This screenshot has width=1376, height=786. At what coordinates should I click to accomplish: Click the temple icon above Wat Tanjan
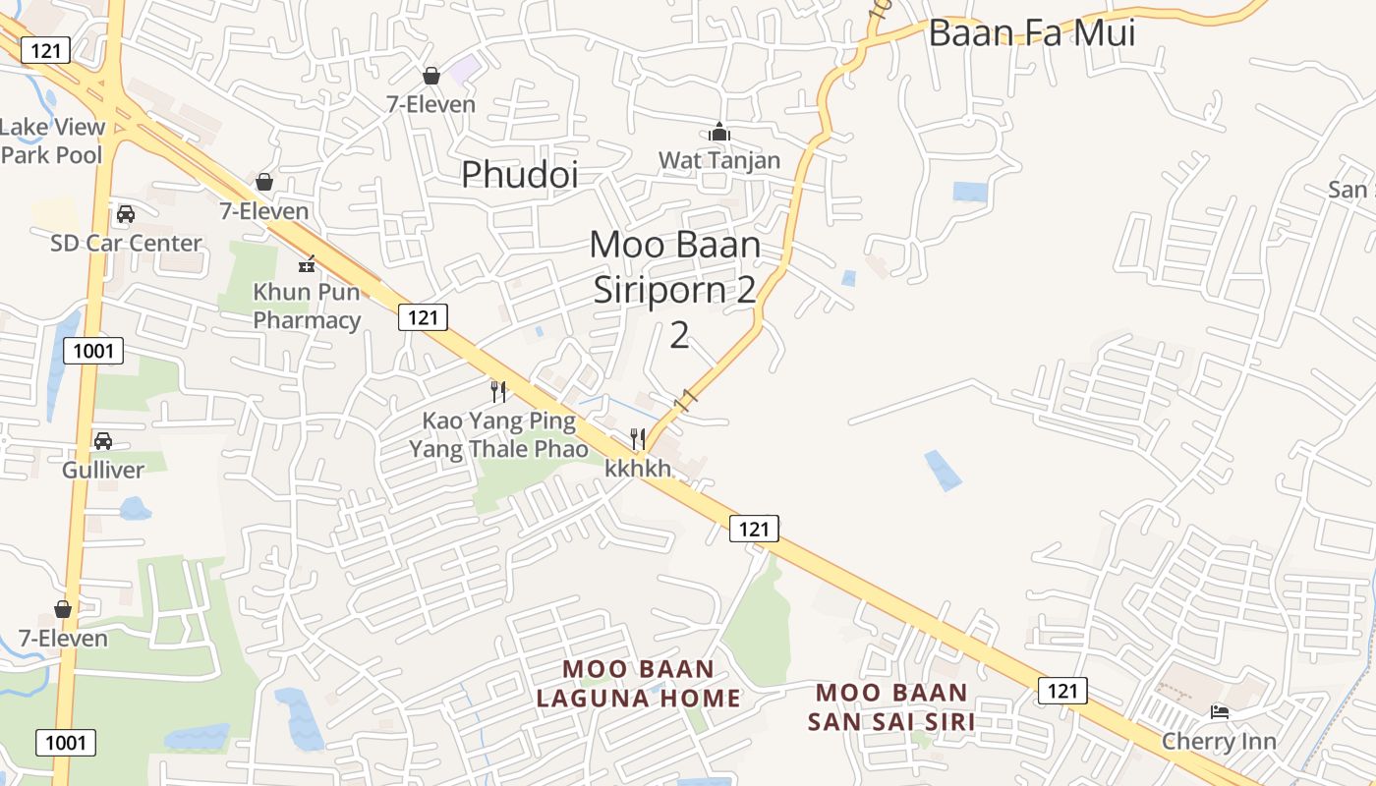(718, 132)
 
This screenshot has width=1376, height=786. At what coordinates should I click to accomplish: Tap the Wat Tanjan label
(719, 160)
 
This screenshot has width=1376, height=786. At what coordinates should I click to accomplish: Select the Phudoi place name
(520, 174)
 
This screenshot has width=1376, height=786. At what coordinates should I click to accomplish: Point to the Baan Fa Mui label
(1032, 33)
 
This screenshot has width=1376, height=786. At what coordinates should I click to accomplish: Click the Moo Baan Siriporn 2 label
(675, 289)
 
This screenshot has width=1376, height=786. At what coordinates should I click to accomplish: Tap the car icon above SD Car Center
(126, 214)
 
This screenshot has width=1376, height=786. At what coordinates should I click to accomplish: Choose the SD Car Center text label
(126, 243)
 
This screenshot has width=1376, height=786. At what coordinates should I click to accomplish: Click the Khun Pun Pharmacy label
(308, 306)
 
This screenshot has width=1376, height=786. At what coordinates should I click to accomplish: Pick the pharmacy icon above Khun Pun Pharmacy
(307, 263)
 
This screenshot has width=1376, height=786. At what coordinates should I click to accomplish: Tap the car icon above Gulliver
(103, 441)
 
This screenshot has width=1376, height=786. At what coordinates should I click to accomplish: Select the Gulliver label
(103, 470)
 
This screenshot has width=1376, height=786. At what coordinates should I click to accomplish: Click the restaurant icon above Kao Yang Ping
(498, 392)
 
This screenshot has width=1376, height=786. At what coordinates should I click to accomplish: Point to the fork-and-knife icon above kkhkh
(638, 438)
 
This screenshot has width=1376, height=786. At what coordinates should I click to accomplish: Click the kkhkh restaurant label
(638, 469)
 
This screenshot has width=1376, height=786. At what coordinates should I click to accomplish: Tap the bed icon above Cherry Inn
(1220, 712)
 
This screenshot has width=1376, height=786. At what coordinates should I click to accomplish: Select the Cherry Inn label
(1219, 741)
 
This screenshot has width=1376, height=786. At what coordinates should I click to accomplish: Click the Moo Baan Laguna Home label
(638, 684)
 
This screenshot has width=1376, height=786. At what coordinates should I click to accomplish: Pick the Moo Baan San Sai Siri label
(891, 707)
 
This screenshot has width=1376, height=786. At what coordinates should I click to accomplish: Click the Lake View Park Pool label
(52, 140)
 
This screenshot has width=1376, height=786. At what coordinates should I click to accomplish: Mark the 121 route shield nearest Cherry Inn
(1062, 691)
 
